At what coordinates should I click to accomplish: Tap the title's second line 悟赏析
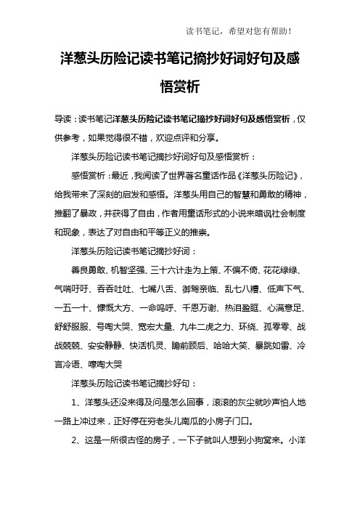point(179,87)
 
